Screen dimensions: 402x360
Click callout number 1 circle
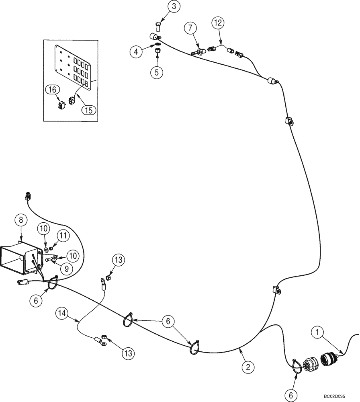pyautogui.click(x=318, y=332)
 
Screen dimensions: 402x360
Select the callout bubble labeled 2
pyautogui.click(x=248, y=366)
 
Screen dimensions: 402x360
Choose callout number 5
pyautogui.click(x=157, y=72)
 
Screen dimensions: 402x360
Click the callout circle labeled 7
pyautogui.click(x=191, y=29)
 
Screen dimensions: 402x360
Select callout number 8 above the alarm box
pyautogui.click(x=21, y=220)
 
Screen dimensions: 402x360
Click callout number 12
pyautogui.click(x=217, y=24)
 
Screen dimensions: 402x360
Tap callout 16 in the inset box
pyautogui.click(x=53, y=90)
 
